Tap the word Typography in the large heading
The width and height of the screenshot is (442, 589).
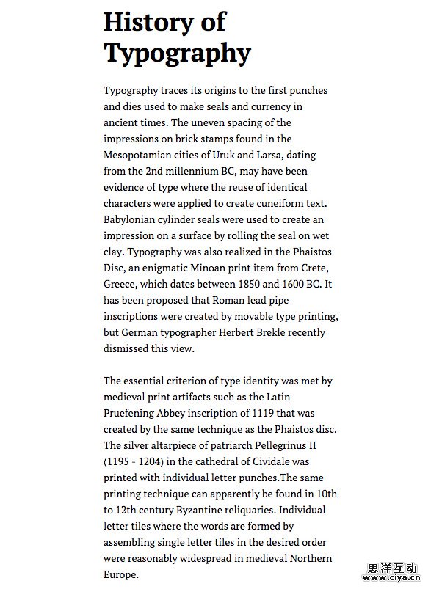(177, 53)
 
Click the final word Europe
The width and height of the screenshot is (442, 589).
(120, 574)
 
